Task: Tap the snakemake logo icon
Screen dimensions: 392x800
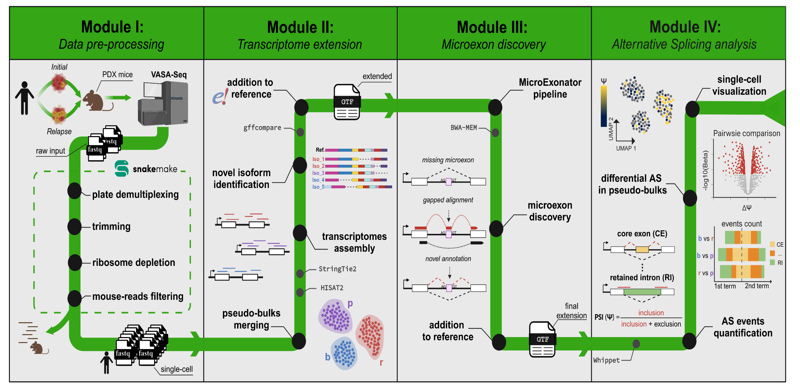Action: click(121, 169)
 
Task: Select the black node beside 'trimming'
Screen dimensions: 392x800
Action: click(74, 226)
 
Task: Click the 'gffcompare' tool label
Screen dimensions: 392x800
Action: click(262, 128)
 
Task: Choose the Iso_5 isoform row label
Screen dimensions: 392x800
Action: click(318, 187)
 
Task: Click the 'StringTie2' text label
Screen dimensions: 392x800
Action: click(337, 269)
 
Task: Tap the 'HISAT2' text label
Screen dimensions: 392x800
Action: click(332, 288)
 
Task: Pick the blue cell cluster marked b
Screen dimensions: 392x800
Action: click(344, 353)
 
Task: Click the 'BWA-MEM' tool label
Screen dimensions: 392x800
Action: click(463, 128)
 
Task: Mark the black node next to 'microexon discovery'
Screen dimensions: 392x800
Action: click(496, 229)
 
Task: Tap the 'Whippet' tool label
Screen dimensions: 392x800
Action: click(606, 360)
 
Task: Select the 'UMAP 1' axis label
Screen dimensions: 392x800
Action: click(626, 148)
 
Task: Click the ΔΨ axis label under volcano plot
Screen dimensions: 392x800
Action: click(746, 208)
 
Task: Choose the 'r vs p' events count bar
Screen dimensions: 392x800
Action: click(742, 272)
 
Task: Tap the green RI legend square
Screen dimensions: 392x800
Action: click(772, 263)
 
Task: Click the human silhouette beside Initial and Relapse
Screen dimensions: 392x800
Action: click(24, 98)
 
